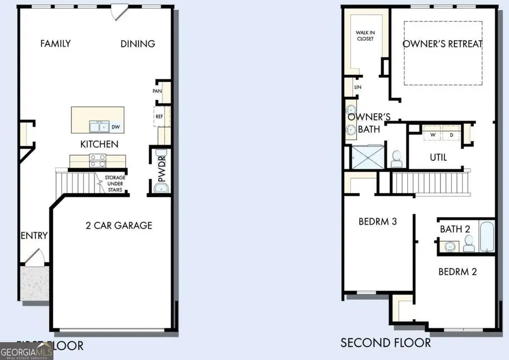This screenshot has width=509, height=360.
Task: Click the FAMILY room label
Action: coord(55,44)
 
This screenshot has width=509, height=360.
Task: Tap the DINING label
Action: coord(138,44)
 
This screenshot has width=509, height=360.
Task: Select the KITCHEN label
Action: coord(99,144)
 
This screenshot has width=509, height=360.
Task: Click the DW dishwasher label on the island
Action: coord(116,127)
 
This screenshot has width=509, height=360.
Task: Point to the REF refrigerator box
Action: coord(159,117)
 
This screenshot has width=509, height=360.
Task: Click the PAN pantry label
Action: coord(157,91)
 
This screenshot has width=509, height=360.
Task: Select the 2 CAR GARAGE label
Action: coord(119,225)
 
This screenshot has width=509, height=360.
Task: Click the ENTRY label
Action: coord(34,235)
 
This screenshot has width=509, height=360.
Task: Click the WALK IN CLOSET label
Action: coord(365,36)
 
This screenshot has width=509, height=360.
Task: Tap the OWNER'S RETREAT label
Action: coord(443,44)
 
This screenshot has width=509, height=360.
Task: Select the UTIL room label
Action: coord(438,157)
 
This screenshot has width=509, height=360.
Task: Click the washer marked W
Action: coord(433,135)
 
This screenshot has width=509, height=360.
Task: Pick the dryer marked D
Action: coord(451,135)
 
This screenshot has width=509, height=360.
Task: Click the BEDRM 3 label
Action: coord(378,221)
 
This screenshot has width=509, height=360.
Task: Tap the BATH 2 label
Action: coord(456,229)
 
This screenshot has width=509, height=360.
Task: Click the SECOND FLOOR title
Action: coord(385,342)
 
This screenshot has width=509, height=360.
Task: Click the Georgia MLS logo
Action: coord(27,351)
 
